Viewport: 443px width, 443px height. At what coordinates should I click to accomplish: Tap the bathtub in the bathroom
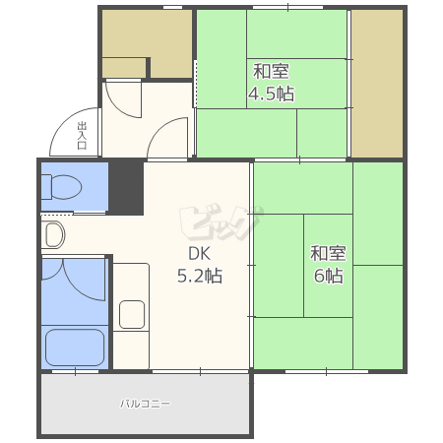(75, 348)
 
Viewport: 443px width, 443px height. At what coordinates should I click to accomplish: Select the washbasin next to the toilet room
(54, 234)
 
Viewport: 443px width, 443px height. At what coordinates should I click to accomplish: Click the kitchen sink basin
(132, 314)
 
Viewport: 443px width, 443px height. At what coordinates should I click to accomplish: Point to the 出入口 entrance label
(82, 135)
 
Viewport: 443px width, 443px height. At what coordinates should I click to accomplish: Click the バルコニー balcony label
(145, 404)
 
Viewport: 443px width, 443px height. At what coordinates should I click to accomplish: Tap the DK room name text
(199, 254)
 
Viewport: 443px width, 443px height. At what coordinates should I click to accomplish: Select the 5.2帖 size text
(200, 276)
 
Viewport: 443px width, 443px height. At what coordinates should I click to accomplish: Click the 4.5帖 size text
(271, 94)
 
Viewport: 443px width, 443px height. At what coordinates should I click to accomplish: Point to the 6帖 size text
(329, 276)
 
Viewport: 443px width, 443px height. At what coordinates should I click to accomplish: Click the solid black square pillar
(126, 189)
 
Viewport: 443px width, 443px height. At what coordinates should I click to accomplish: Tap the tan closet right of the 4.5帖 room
(377, 84)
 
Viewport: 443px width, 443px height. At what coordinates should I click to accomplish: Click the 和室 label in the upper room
(271, 72)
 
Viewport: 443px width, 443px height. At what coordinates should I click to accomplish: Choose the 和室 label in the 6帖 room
(328, 253)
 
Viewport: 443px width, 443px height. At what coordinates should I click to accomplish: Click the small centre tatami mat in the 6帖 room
(328, 266)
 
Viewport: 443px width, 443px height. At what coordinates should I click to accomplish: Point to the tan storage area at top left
(147, 44)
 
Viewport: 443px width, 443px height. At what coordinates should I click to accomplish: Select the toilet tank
(46, 187)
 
